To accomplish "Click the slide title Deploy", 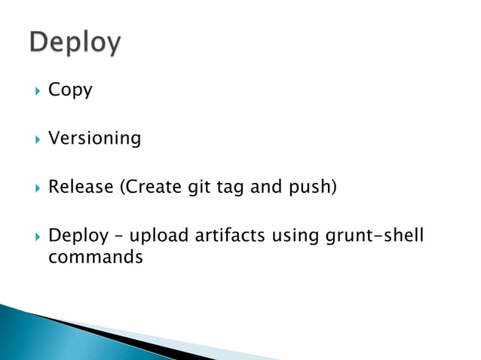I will (75, 43).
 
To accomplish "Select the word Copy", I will (70, 91).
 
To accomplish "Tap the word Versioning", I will (94, 139).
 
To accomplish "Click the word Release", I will (79, 187).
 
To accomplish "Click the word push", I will (310, 188).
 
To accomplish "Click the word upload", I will (153, 236).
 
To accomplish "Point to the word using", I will (293, 237).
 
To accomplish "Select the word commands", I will (95, 257).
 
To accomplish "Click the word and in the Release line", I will (265, 187).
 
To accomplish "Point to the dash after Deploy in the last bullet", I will (115, 237).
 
